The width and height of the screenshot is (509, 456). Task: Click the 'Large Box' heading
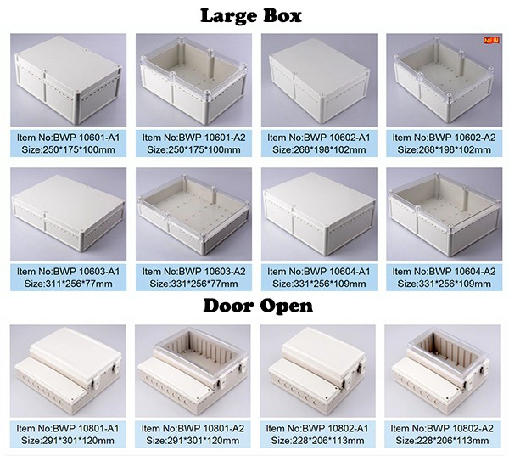(x=251, y=16)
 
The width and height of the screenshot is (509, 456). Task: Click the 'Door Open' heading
(x=258, y=307)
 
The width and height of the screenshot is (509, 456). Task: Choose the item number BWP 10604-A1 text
(x=337, y=272)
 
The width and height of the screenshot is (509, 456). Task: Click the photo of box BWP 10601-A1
(x=68, y=80)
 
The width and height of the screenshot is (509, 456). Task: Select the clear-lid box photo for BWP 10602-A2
(x=444, y=80)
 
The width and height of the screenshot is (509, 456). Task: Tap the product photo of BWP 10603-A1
(x=68, y=214)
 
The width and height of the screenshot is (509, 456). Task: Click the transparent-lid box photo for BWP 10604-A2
(x=444, y=214)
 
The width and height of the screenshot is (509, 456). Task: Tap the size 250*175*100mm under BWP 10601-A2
(x=193, y=149)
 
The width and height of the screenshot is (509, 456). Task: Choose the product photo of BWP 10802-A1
(x=318, y=371)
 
